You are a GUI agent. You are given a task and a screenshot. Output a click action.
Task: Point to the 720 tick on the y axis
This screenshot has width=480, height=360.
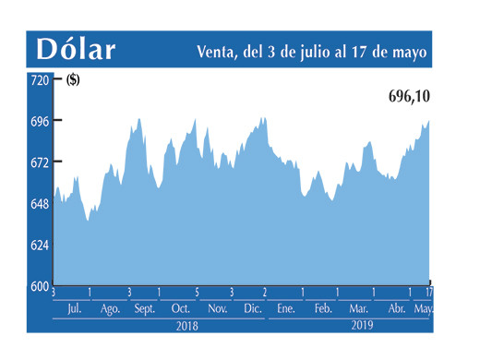[39, 80]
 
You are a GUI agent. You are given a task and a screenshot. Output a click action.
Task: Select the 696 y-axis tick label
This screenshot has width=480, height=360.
[39, 121]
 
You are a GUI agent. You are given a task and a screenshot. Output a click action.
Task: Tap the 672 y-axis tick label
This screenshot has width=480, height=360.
[39, 162]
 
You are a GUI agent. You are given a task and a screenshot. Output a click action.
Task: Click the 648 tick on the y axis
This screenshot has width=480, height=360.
[39, 203]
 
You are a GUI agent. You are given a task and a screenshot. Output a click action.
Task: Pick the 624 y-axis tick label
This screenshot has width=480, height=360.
[39, 245]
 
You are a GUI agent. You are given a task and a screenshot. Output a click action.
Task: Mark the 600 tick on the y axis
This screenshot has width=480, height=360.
[39, 286]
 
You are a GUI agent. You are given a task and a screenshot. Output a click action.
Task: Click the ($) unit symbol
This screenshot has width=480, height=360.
[73, 80]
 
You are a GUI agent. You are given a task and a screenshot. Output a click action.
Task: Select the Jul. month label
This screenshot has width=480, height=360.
[74, 308]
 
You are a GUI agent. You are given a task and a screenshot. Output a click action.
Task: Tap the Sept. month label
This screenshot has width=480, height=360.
[144, 308]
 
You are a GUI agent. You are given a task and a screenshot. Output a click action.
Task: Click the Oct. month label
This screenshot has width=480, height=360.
[181, 308]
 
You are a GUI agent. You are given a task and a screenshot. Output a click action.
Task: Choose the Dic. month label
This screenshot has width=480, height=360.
[252, 308]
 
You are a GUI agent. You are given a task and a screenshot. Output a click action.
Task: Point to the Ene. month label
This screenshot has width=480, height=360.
[285, 308]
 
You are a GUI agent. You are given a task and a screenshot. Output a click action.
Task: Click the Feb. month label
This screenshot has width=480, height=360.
[322, 308]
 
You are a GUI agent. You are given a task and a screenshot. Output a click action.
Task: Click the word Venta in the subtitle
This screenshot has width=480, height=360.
[218, 53]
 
